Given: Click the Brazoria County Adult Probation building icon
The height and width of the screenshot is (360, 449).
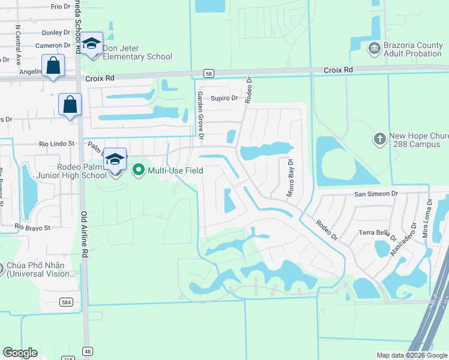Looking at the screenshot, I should [x=374, y=47].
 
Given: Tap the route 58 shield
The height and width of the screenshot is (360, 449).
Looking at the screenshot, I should [x=208, y=73].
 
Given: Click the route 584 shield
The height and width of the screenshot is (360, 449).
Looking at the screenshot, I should [x=67, y=302].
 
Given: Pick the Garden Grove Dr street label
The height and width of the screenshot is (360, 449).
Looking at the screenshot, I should [x=202, y=120].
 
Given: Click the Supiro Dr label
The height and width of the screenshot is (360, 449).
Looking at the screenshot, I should [x=224, y=98].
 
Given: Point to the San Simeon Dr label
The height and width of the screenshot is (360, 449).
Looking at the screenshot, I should [x=376, y=194].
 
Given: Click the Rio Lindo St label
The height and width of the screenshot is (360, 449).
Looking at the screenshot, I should [x=56, y=144].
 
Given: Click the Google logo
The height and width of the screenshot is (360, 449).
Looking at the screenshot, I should [x=20, y=353].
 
